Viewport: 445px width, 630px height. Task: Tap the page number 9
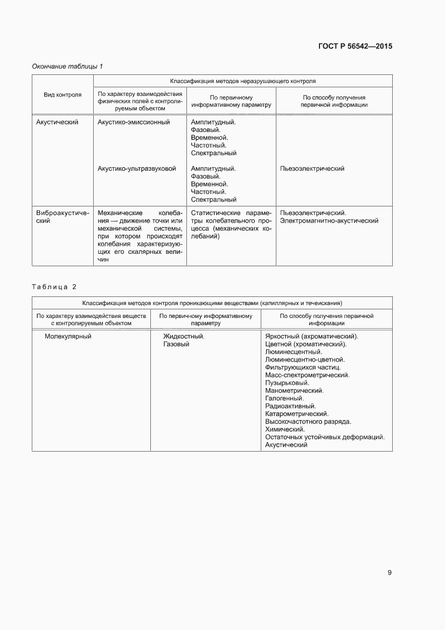tap(390, 572)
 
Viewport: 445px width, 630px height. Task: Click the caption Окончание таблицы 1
tap(67, 66)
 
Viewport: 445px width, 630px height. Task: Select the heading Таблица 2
tap(54, 286)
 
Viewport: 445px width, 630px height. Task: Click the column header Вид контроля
tap(62, 95)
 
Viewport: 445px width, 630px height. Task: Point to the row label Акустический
tap(57, 122)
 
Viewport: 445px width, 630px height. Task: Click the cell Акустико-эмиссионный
tap(134, 122)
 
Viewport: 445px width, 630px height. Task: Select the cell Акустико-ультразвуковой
tap(137, 169)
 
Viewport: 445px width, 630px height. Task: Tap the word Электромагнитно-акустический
tap(329, 220)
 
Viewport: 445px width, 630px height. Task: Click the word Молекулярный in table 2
tap(68, 336)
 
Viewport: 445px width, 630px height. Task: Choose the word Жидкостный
tap(184, 336)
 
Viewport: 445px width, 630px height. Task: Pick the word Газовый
tap(176, 344)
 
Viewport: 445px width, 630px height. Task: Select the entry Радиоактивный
tap(291, 406)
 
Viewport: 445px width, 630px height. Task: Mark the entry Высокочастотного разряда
tap(308, 421)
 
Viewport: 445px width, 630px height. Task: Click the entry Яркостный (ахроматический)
tap(312, 336)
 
